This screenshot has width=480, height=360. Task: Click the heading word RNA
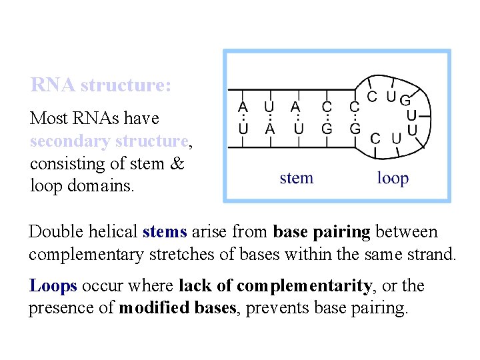[x=53, y=85]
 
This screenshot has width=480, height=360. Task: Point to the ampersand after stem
[x=177, y=163]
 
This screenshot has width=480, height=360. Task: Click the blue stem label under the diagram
[x=296, y=178]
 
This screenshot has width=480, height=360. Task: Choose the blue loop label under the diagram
[x=393, y=178]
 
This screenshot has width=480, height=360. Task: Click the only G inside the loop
[x=404, y=101]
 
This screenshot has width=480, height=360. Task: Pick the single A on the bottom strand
[x=269, y=128]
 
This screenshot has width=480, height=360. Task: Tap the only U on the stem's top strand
[x=269, y=106]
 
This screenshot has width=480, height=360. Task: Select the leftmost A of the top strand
[x=243, y=106]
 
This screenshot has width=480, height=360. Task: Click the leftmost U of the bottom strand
[x=243, y=128]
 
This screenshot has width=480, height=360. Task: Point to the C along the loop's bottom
[x=376, y=138]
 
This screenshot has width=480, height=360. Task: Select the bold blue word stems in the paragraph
[x=165, y=233]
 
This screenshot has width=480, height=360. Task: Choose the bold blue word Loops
[x=53, y=286]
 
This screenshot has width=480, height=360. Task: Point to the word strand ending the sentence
[x=431, y=255]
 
